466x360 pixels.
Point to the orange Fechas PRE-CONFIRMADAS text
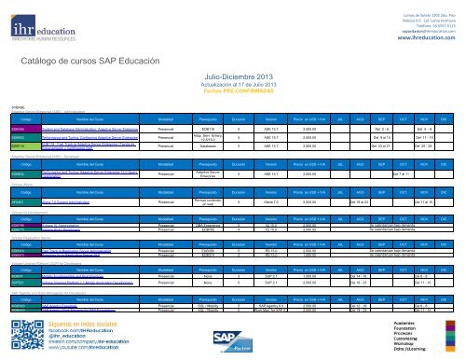231,97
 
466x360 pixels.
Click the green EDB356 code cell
20,129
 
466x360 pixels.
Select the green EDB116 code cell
20,147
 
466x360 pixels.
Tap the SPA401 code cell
20,201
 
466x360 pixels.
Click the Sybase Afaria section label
19,186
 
